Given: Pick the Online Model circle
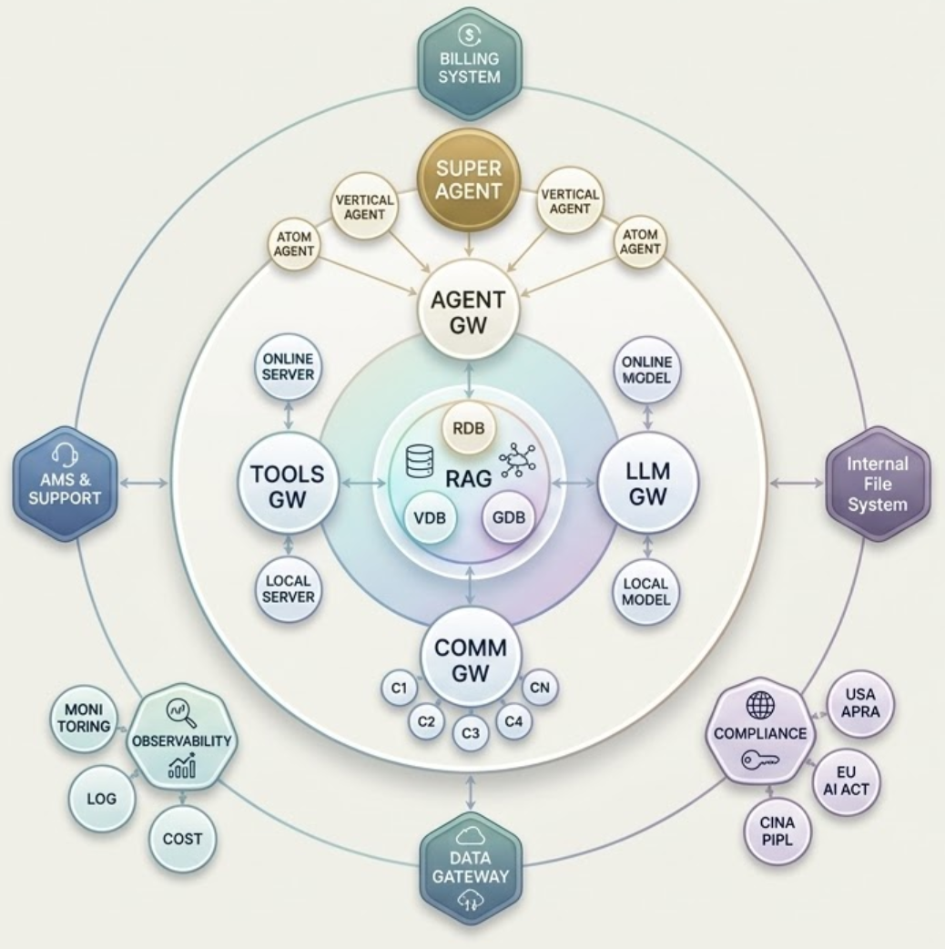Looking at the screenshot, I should (646, 368).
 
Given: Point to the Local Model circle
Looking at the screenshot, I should (646, 589).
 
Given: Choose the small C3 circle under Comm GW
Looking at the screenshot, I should (470, 731).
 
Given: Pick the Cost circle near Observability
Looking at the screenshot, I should (182, 838).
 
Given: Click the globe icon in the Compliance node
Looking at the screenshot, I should (761, 705).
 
